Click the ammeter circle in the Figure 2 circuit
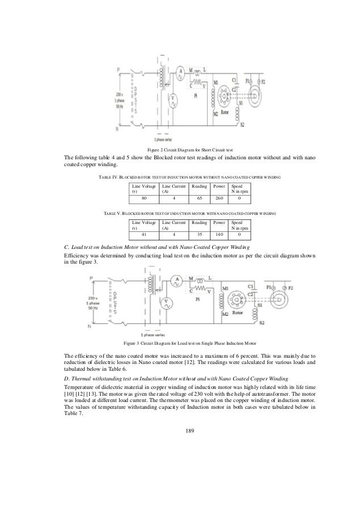coord(180,71)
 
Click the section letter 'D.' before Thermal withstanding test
coord(66,377)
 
